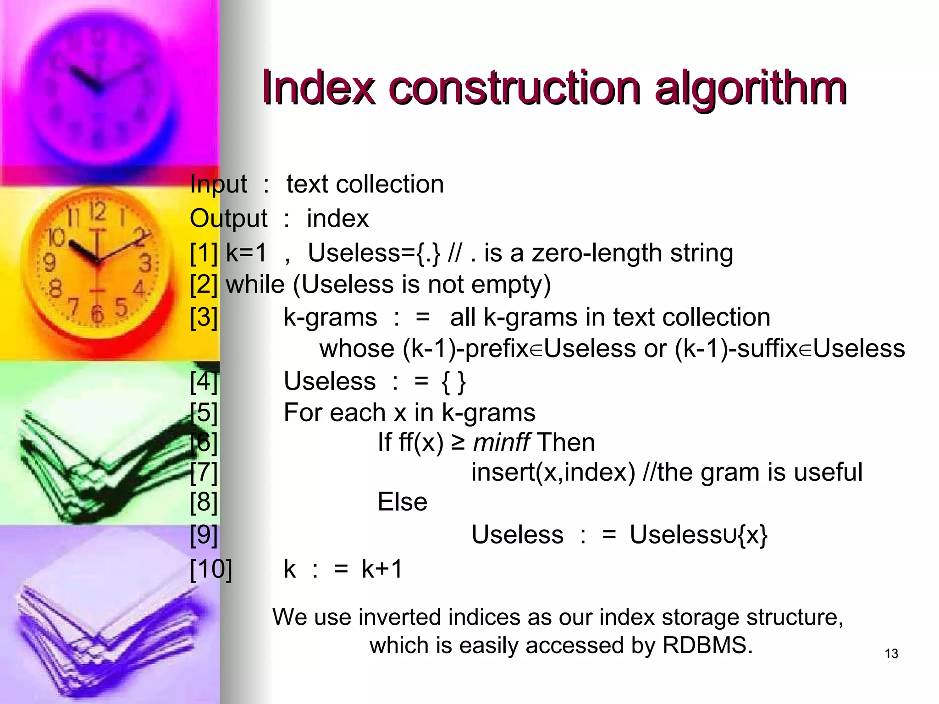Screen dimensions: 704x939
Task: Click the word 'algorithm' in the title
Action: coord(750,88)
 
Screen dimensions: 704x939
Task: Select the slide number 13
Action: coord(891,654)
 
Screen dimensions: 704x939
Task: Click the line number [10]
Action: coord(211,569)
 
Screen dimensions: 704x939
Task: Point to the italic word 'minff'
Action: coord(501,443)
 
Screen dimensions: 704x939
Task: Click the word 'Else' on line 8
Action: coord(402,502)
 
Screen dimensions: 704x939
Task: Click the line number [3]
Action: coord(204,317)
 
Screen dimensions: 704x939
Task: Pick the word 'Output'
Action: coord(228,219)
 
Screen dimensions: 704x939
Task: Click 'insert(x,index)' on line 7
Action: coord(552,473)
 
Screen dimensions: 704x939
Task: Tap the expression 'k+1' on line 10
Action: coord(381,569)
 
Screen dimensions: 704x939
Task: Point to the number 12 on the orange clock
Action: coord(97,212)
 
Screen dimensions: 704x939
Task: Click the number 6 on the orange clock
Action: coord(97,313)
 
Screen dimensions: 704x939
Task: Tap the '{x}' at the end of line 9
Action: coord(752,535)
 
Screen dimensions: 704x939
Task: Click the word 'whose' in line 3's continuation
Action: coord(357,349)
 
